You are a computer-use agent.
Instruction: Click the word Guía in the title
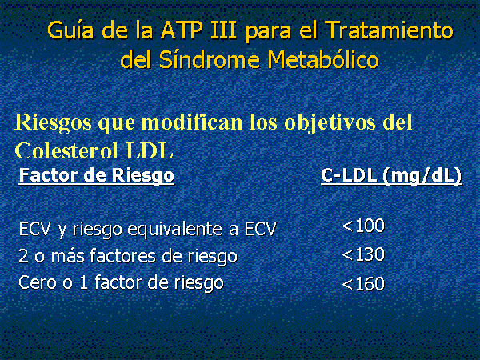tap(70, 30)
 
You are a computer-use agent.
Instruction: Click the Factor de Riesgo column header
tap(97, 176)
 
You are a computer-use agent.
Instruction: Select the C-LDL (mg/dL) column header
tap(391, 176)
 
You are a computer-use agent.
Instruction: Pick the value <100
tap(363, 226)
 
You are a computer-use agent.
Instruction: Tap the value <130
tap(363, 254)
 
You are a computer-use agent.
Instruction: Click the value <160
tap(363, 283)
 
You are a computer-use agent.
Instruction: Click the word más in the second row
tap(67, 256)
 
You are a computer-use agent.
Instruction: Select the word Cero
tap(38, 282)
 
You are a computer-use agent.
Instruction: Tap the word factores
tap(123, 256)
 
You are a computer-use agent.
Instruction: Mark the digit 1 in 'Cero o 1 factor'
tap(83, 282)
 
